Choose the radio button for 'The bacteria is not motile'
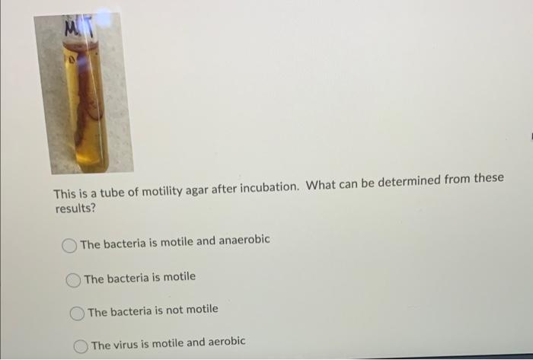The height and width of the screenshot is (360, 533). coord(78,313)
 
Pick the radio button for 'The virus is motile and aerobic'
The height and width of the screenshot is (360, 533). coord(81,346)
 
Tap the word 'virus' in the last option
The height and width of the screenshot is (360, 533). coord(129,345)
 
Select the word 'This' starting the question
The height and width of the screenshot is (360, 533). coord(65,193)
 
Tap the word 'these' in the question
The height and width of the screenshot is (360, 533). coord(488,179)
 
